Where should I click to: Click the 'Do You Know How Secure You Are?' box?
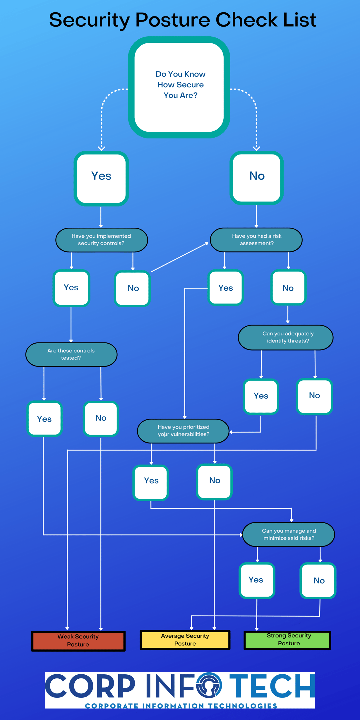click(179, 87)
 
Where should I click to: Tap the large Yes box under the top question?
click(101, 178)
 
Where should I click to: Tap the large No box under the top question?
click(257, 178)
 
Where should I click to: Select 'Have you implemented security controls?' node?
click(102, 240)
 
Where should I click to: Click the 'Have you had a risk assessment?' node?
click(256, 240)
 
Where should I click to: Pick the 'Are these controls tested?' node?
click(71, 354)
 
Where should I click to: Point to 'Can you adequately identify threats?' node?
click(286, 337)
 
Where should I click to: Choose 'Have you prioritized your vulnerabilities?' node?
click(183, 431)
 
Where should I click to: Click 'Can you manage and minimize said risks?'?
click(289, 534)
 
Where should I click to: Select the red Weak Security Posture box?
click(78, 641)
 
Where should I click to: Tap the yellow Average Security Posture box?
click(185, 640)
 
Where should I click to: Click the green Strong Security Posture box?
click(287, 640)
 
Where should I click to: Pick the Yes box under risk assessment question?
click(225, 288)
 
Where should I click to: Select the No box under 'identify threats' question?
click(314, 396)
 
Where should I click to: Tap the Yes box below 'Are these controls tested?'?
click(44, 419)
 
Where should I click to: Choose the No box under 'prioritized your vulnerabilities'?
click(214, 481)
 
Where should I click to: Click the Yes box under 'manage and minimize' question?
click(257, 580)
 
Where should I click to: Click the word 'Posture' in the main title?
click(173, 20)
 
